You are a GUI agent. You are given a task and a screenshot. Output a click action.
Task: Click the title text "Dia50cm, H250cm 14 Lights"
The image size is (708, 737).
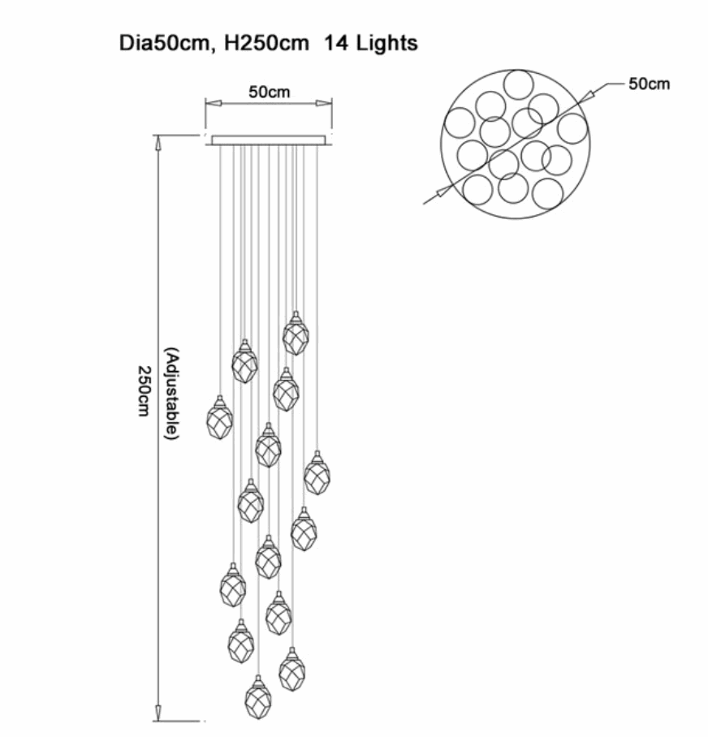pos(269,42)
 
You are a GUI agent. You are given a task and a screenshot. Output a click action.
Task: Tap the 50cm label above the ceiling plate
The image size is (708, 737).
pos(269,92)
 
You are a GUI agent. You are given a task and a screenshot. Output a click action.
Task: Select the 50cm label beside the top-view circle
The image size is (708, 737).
pos(649,84)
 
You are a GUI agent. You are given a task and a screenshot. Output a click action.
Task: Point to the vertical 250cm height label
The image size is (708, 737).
pos(144,390)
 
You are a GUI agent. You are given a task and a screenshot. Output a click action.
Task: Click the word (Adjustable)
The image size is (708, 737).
pos(171,394)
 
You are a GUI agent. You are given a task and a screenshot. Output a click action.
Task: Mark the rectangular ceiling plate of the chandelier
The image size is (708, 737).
pos(269,140)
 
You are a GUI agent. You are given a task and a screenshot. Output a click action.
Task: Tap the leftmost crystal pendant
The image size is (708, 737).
pos(219,420)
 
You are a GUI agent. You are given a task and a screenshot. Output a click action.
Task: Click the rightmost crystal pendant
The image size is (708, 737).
pos(317,475)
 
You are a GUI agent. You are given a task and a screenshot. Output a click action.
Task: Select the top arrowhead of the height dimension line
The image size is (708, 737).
pos(158,142)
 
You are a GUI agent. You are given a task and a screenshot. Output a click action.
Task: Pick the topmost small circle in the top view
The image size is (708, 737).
pos(517,84)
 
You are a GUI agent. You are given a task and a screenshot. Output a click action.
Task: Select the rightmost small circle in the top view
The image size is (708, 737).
pos(572,128)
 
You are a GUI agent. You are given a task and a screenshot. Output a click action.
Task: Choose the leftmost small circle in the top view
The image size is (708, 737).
pos(458,123)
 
